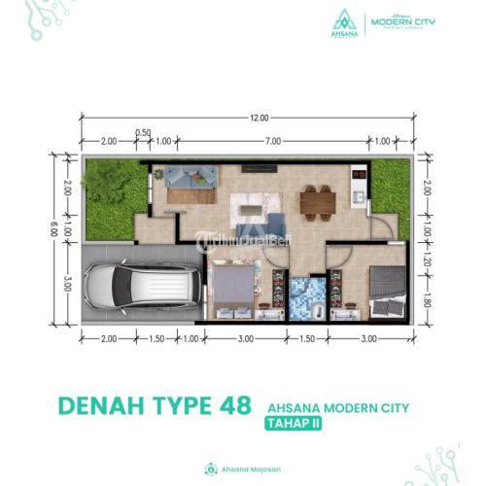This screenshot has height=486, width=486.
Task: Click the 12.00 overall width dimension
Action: tap(258, 119)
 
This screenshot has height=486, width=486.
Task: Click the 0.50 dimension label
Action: tap(143, 132)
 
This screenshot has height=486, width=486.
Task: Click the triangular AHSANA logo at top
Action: tap(343, 19)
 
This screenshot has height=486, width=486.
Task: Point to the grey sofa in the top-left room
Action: tap(191, 177)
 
